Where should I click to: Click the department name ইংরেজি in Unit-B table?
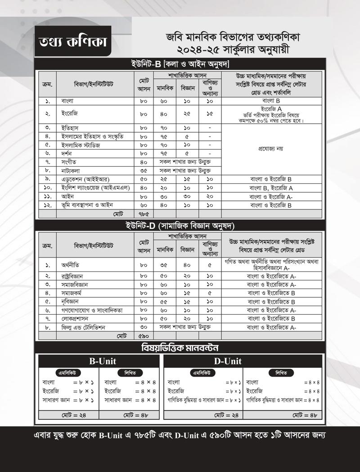[70, 114]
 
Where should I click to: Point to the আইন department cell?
[67, 196]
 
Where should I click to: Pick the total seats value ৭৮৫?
[144, 214]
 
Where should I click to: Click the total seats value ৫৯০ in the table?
[144, 336]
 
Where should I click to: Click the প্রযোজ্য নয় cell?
[271, 148]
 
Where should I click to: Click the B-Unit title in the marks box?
[99, 361]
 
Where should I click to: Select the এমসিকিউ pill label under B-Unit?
[68, 373]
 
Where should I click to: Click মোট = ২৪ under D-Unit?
[203, 415]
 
